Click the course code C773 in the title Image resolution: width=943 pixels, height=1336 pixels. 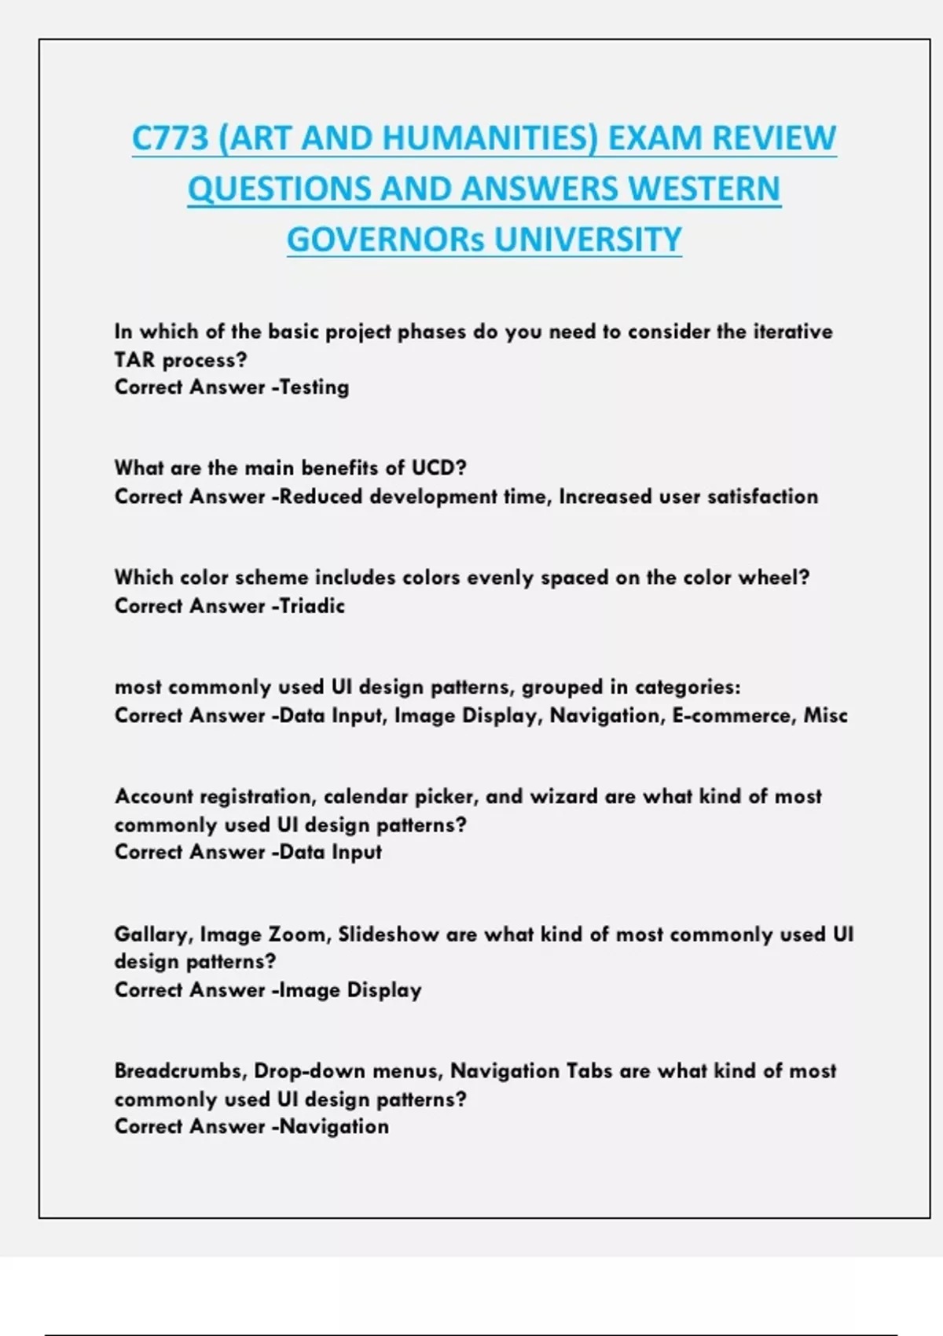[x=171, y=138]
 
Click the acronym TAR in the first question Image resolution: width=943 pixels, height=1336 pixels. [x=134, y=360]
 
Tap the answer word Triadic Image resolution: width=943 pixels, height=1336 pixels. [x=313, y=606]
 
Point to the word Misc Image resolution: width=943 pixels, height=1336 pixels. [x=825, y=716]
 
